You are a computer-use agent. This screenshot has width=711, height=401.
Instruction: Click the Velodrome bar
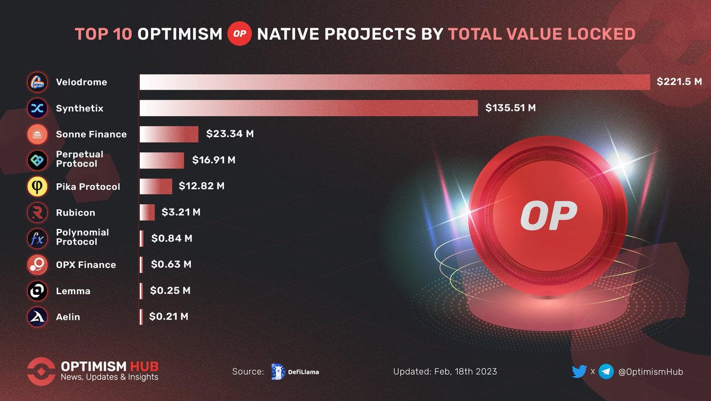[395, 82]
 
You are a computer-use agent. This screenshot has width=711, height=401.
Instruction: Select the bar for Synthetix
[309, 108]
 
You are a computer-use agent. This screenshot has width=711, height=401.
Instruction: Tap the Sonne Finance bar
[169, 134]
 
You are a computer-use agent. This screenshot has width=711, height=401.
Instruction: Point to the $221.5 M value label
[679, 82]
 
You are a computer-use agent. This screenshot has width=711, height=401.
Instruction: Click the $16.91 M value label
[214, 160]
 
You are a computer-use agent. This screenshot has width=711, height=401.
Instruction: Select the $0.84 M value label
[172, 238]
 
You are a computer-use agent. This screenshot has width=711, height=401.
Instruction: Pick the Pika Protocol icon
[37, 186]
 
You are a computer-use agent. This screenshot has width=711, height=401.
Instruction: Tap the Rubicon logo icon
[37, 212]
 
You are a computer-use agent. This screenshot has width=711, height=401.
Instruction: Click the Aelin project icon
[37, 317]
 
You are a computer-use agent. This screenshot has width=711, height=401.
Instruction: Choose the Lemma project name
[73, 291]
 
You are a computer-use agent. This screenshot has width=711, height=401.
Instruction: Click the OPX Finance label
[86, 265]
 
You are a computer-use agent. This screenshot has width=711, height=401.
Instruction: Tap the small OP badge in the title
[240, 34]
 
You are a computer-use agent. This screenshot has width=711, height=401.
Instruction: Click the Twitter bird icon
[579, 371]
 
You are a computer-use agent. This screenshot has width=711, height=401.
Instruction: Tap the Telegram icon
[606, 371]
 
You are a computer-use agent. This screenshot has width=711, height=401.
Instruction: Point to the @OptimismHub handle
[651, 371]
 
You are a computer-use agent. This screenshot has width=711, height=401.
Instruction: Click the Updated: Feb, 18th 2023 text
[445, 371]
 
